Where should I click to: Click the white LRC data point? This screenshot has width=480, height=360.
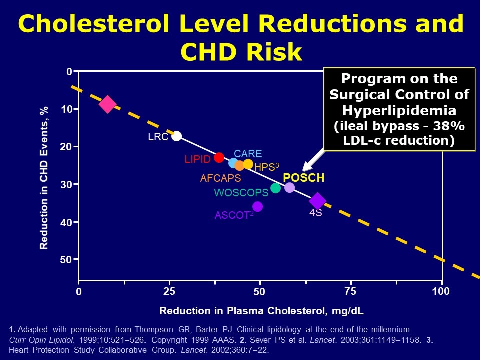click(x=176, y=136)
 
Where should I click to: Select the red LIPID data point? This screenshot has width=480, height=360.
click(x=219, y=157)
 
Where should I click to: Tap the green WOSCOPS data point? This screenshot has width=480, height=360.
click(x=275, y=188)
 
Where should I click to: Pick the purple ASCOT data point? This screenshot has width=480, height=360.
click(x=257, y=206)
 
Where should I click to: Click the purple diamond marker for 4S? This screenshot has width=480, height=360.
click(x=317, y=201)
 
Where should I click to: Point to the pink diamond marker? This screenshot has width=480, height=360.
click(x=108, y=104)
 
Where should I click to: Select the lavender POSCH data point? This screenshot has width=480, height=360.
click(x=289, y=187)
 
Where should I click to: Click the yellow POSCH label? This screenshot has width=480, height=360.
click(x=304, y=178)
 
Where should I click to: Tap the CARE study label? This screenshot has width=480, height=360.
click(x=248, y=154)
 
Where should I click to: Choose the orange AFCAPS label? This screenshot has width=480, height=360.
click(x=220, y=178)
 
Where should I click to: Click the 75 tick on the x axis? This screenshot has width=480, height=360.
click(x=350, y=291)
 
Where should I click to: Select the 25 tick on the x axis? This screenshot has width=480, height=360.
click(x=169, y=291)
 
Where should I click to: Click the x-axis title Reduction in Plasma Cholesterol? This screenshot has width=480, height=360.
click(x=261, y=311)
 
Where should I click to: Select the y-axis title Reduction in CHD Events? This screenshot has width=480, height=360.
click(x=44, y=178)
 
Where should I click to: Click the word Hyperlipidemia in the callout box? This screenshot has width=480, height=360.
click(x=399, y=110)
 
